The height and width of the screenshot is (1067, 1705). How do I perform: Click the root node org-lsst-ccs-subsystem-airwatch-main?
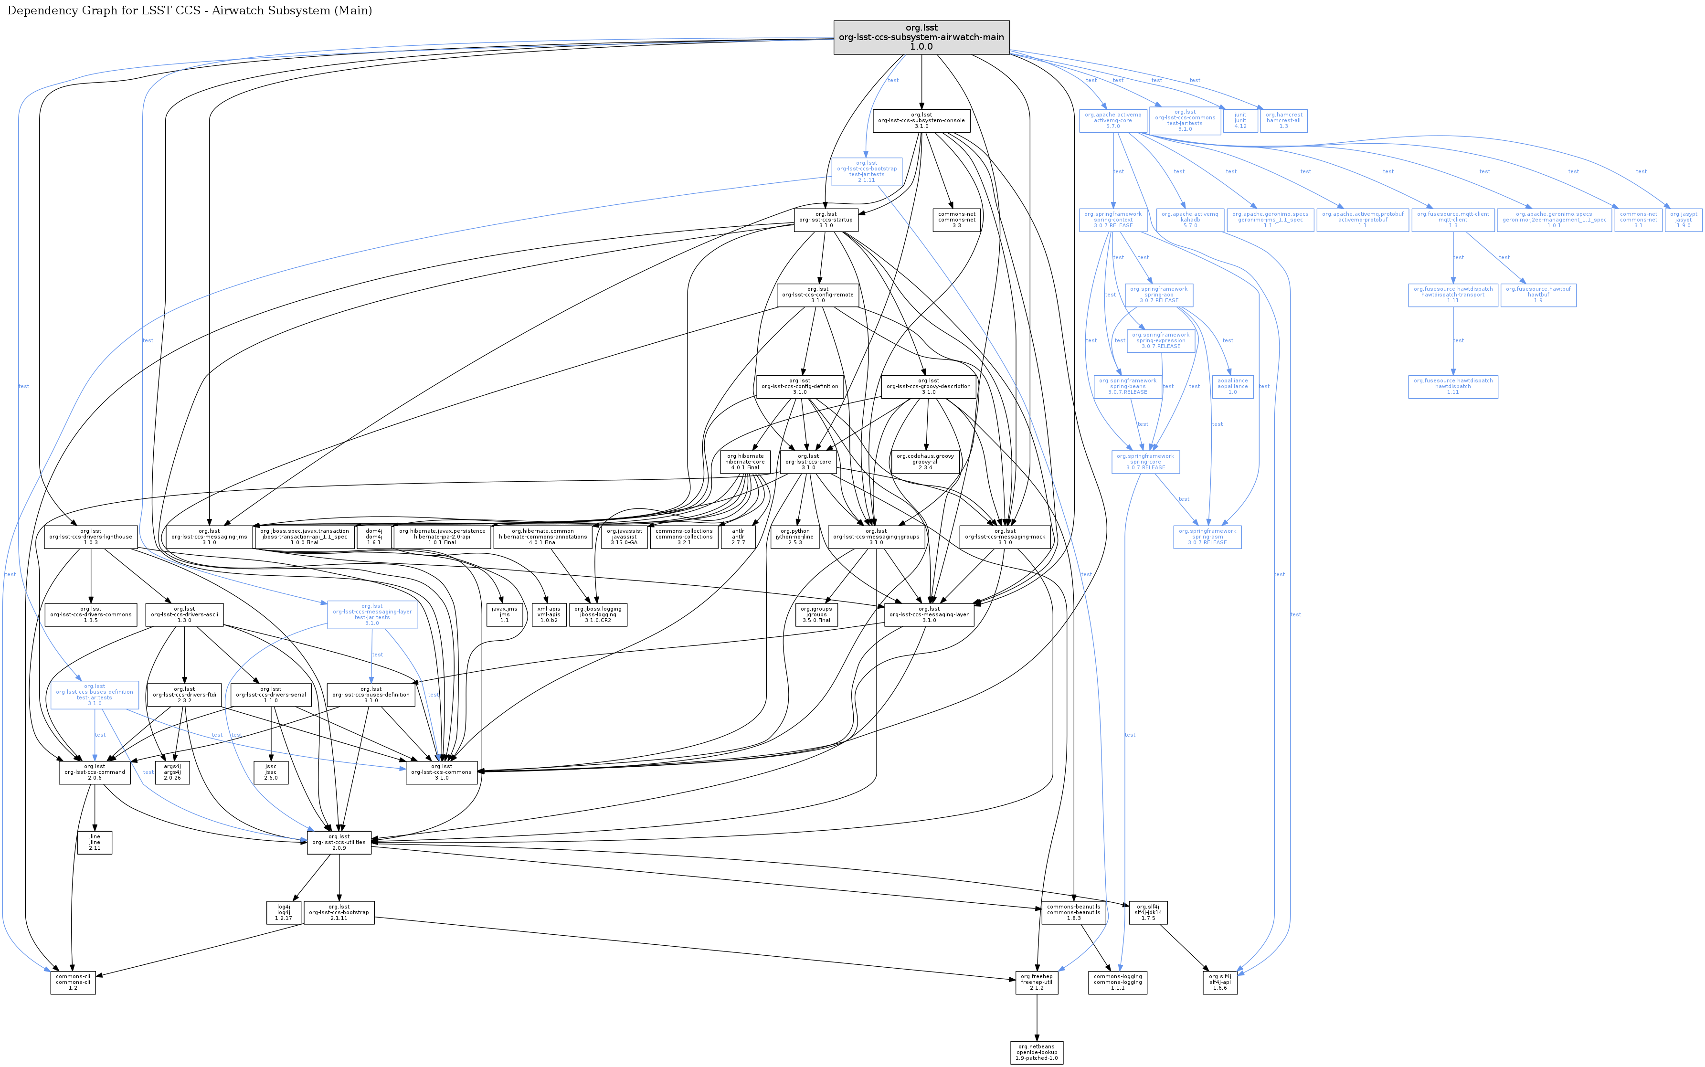click(x=921, y=37)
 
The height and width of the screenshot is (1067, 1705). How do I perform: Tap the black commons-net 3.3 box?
click(x=956, y=220)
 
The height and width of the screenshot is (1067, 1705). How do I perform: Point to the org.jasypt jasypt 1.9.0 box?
click(x=1683, y=220)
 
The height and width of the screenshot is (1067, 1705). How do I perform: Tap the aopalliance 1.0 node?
click(x=1232, y=387)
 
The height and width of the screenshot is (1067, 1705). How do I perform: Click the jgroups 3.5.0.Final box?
click(x=816, y=614)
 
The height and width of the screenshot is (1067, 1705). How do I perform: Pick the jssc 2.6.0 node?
click(x=271, y=772)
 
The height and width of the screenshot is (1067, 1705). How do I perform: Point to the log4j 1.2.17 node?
click(x=284, y=912)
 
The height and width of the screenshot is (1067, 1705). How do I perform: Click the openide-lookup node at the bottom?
click(x=1037, y=1052)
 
